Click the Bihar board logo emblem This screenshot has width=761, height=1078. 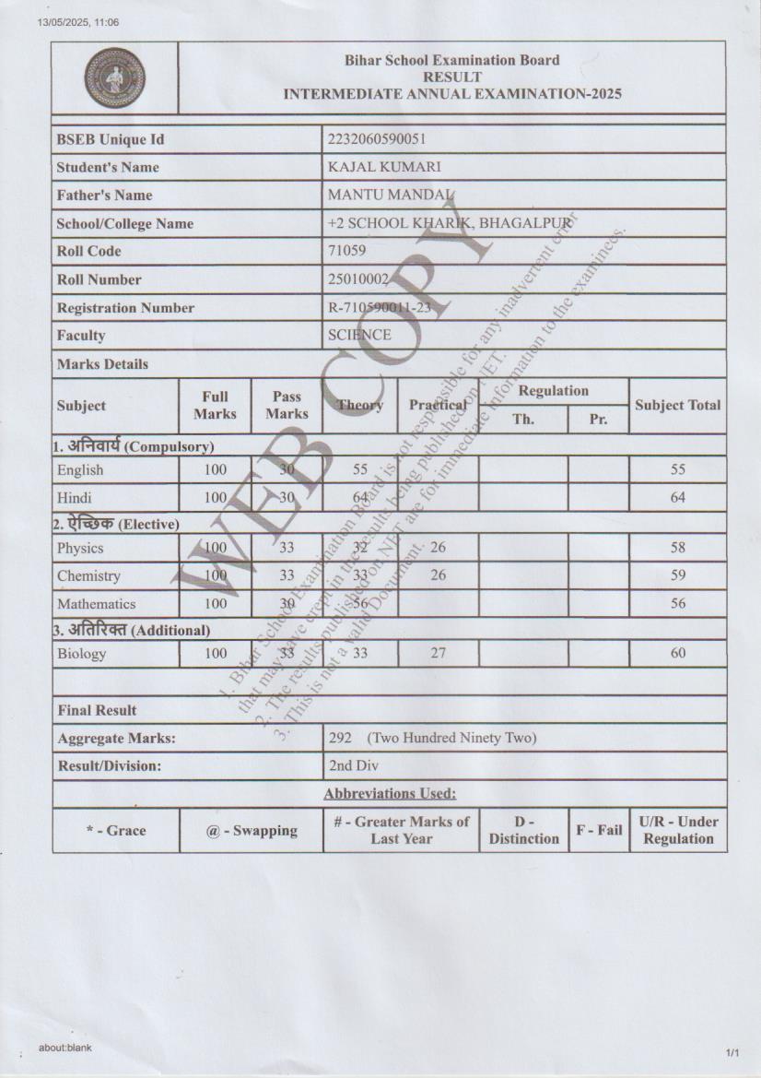tap(115, 77)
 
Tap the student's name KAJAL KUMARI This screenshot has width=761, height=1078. tap(384, 167)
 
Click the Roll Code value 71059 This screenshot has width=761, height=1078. tap(346, 251)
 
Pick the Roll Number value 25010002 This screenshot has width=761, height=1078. tap(359, 279)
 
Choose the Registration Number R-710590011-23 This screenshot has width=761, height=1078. tap(380, 307)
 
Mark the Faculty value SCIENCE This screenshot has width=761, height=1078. tap(359, 336)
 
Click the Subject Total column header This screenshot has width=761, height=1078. tap(677, 405)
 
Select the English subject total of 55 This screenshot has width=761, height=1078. tap(677, 470)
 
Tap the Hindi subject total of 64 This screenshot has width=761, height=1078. tap(677, 498)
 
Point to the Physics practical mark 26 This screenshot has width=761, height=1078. tap(438, 548)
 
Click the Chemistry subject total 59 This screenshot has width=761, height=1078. tap(677, 576)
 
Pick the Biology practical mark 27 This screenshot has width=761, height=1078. tap(438, 654)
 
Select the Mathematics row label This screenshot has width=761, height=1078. tap(96, 604)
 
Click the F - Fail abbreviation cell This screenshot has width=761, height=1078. tap(599, 830)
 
